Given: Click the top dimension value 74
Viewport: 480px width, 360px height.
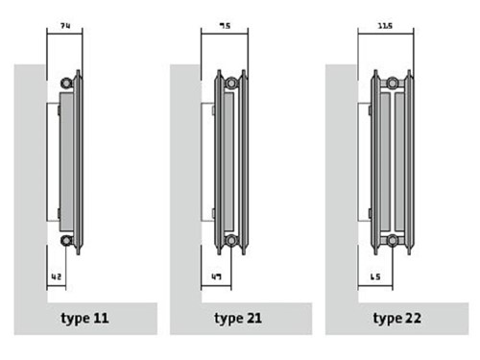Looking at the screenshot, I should click(x=63, y=22).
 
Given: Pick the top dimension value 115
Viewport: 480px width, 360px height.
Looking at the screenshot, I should click(x=383, y=22).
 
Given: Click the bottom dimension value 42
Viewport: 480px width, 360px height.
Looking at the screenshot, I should click(x=57, y=277).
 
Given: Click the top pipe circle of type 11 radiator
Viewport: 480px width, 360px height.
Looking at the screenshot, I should click(x=66, y=82).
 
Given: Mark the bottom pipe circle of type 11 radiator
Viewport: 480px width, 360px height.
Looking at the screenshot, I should click(x=66, y=241).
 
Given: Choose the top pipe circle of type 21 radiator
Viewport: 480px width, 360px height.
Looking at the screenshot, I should click(x=230, y=82).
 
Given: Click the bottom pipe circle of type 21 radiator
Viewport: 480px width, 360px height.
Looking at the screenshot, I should click(x=230, y=241).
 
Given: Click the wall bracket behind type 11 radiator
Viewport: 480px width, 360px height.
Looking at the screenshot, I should click(x=54, y=160).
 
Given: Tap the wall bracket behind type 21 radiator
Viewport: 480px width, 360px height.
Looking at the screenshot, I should click(x=208, y=160).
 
